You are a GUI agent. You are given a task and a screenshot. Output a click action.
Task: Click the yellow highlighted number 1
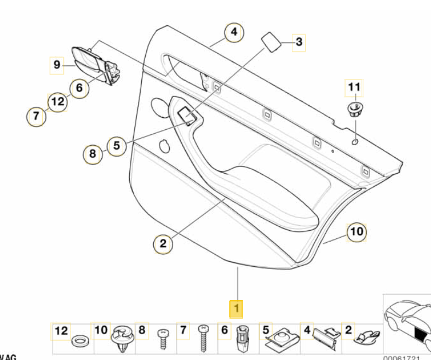tap(236, 309)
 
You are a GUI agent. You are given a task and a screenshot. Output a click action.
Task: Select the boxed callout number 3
tap(298, 42)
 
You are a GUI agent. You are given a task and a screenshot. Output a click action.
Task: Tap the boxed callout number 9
tap(56, 65)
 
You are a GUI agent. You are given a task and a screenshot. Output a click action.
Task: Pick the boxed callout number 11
tap(353, 87)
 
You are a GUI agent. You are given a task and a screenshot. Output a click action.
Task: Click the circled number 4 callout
tap(233, 33)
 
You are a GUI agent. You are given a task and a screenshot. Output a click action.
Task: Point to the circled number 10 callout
tap(357, 232)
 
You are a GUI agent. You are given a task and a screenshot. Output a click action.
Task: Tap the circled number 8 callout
tap(93, 154)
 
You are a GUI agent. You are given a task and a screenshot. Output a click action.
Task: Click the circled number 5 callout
tap(116, 146)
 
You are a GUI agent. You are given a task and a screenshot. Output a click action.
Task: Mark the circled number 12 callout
tap(58, 101)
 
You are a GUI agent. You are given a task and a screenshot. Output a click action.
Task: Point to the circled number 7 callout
tap(36, 116)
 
